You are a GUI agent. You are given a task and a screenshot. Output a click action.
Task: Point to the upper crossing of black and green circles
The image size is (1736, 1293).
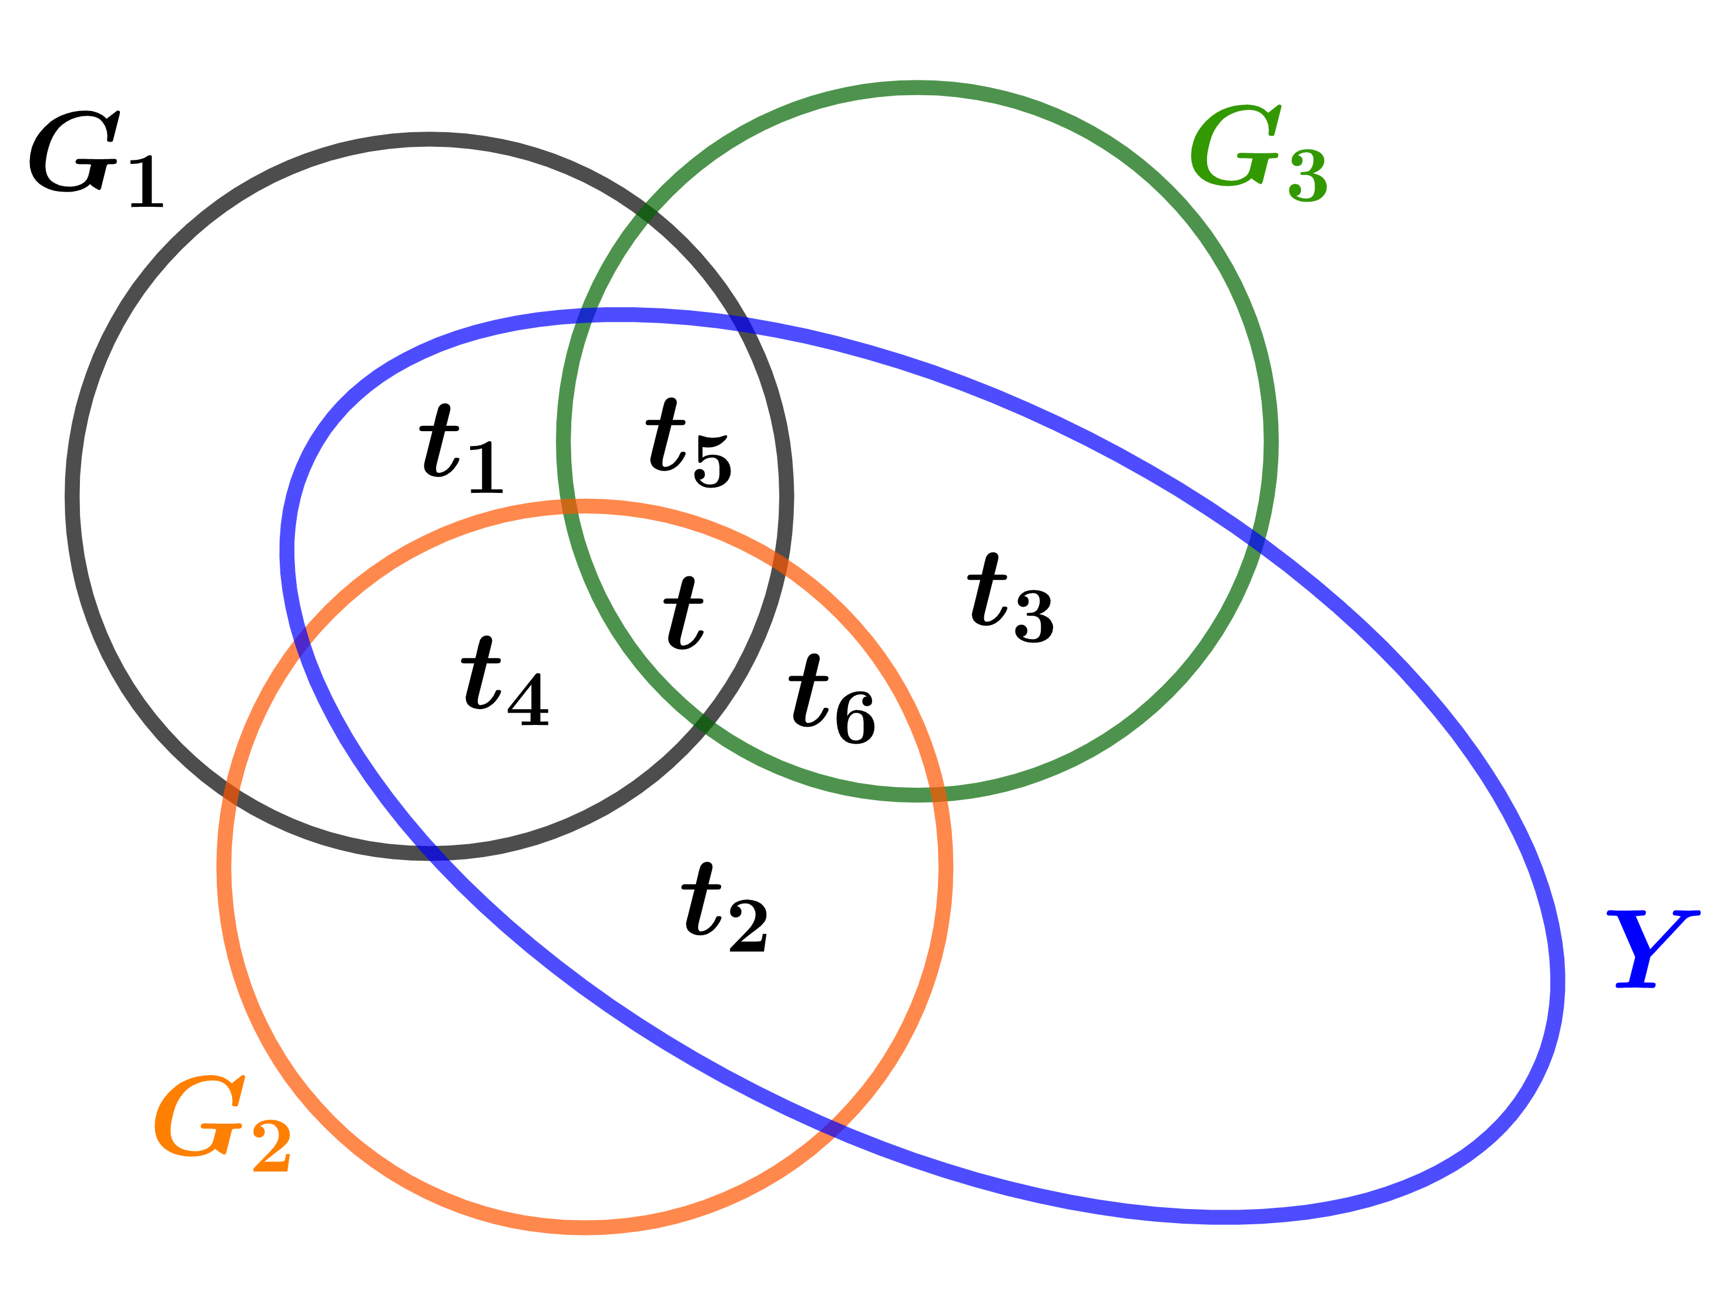[648, 211]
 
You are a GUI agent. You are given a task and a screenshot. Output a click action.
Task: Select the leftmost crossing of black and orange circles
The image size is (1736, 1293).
[230, 792]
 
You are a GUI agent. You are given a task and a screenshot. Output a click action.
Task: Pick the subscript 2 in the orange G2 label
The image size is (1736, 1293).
[272, 1146]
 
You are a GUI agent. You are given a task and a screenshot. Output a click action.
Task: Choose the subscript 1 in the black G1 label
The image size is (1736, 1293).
[146, 182]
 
